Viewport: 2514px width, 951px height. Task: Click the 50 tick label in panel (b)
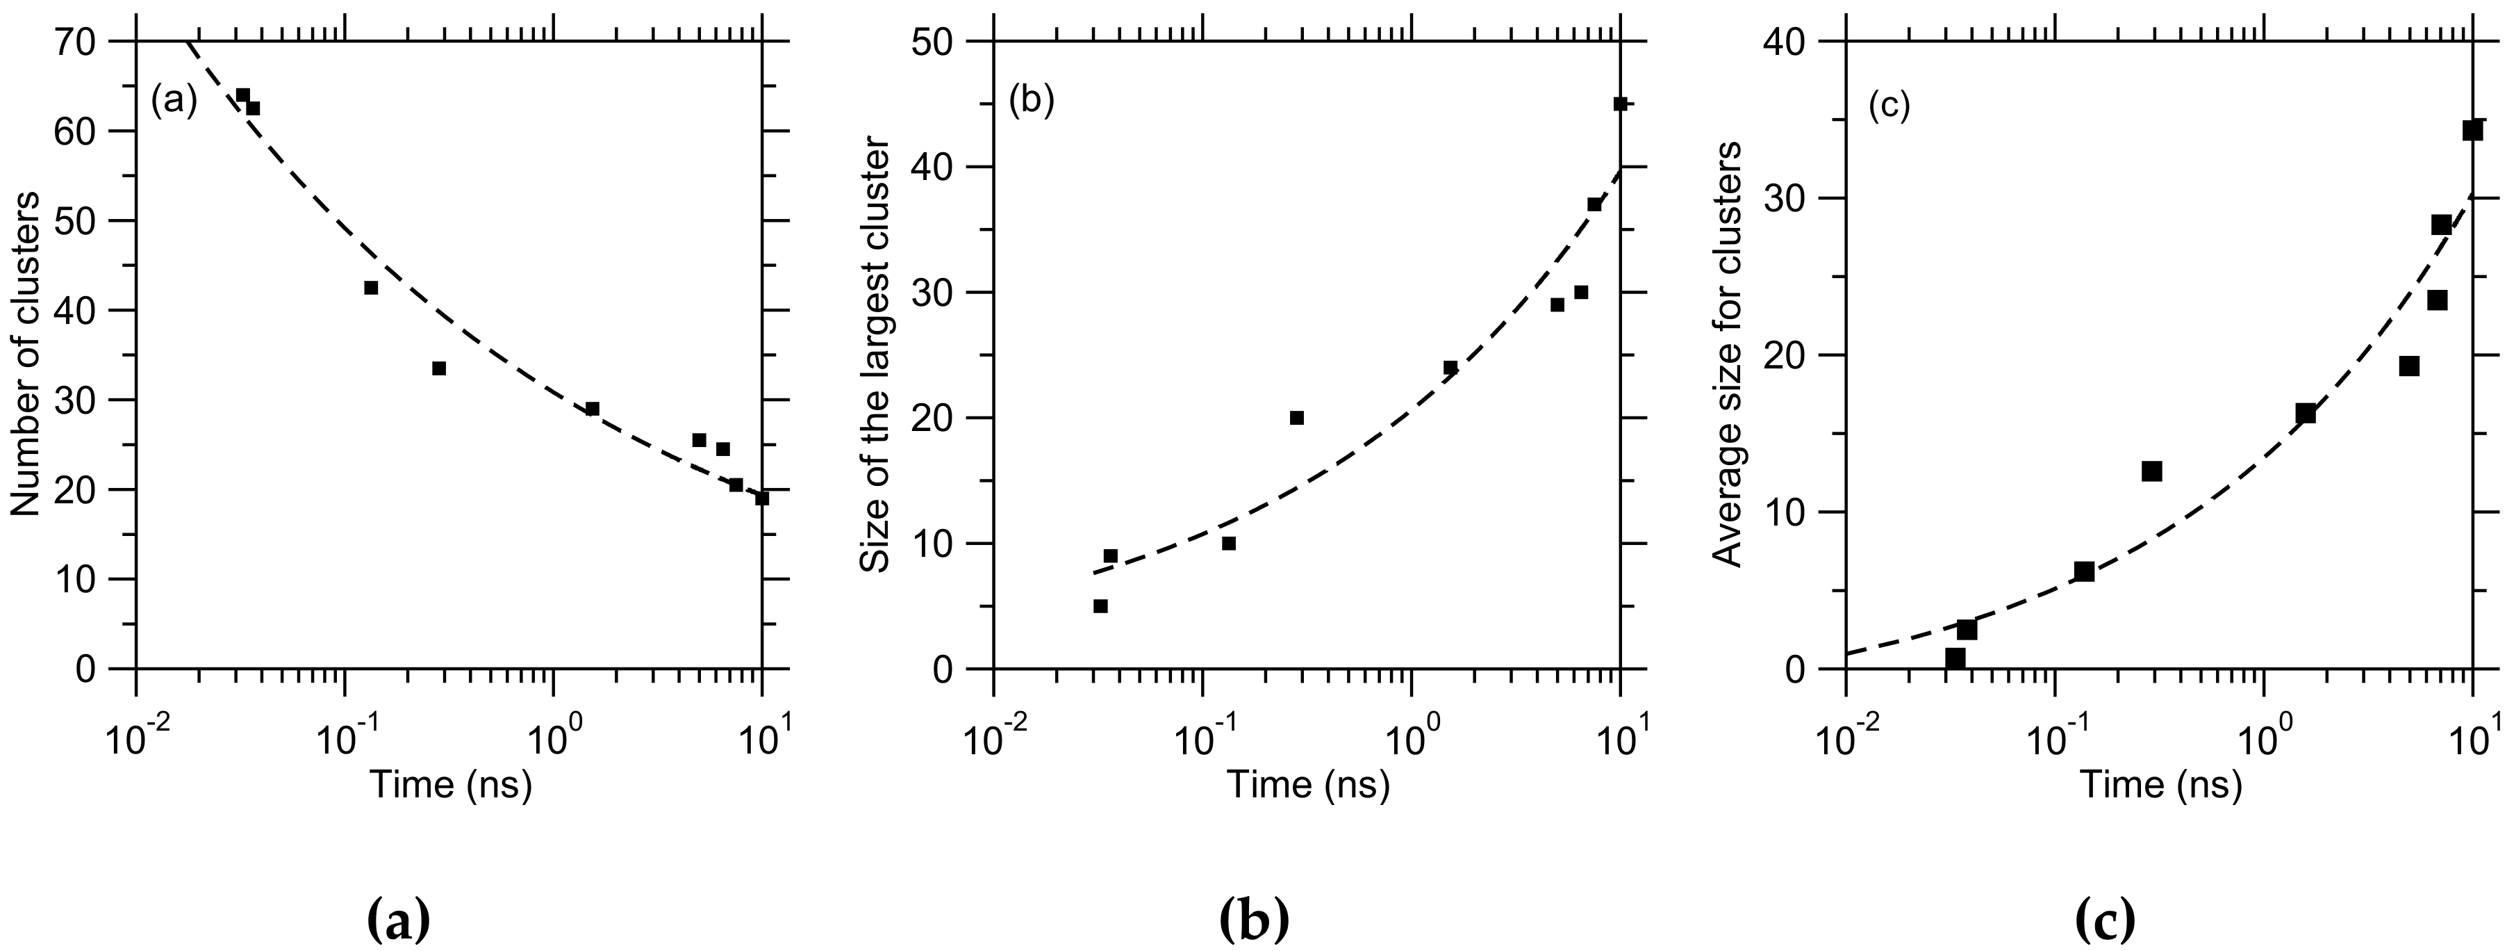(x=932, y=42)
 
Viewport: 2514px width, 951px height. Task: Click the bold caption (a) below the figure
(x=397, y=920)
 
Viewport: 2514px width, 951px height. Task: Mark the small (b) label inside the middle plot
(x=1032, y=101)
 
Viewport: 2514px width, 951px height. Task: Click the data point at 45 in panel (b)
(x=1620, y=104)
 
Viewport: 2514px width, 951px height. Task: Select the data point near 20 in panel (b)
(x=1297, y=418)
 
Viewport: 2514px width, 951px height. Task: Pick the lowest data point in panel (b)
(x=1100, y=605)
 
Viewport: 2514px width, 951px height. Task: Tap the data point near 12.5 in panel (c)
(x=2152, y=471)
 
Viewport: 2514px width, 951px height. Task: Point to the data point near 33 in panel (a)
(x=439, y=368)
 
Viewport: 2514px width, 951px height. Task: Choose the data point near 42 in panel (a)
(x=371, y=287)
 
